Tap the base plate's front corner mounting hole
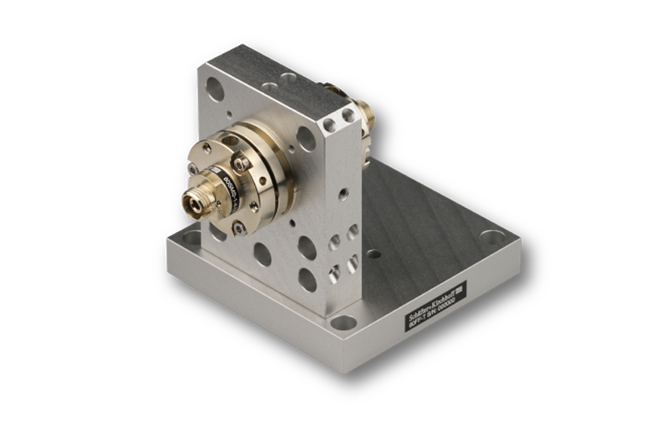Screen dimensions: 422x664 coord(344,325)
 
